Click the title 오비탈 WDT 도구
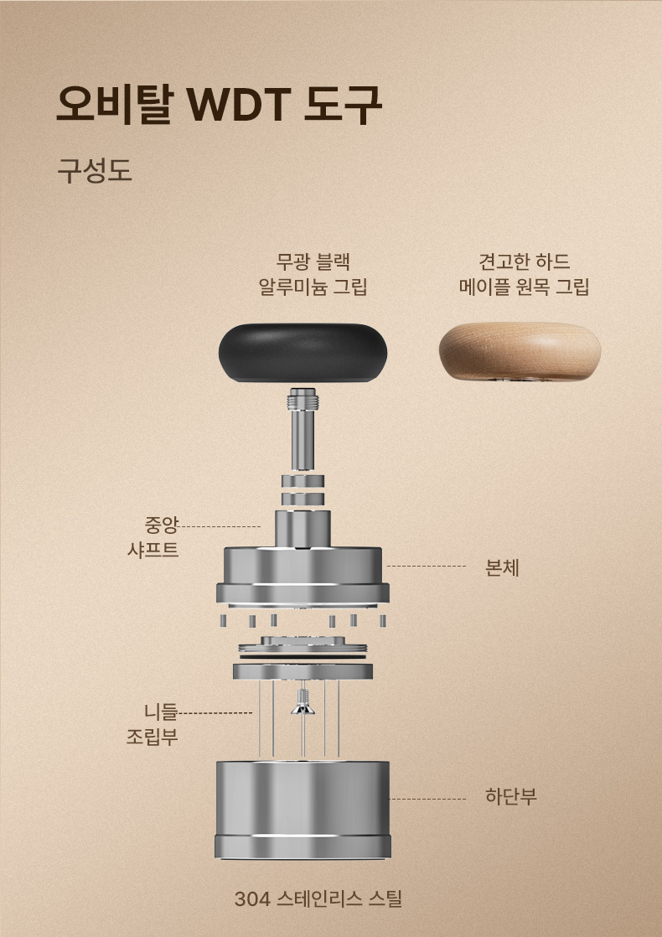tap(219, 105)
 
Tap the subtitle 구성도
tap(95, 170)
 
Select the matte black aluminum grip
tap(303, 353)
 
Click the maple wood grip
tap(520, 351)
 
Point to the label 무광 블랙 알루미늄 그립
tap(313, 274)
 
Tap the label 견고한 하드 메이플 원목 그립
tap(524, 274)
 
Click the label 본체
tap(502, 567)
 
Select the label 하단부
tap(511, 796)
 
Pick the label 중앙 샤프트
tap(153, 537)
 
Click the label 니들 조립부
tap(153, 723)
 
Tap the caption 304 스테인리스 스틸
tap(318, 898)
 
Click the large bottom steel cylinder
tap(303, 810)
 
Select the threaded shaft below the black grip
tap(303, 428)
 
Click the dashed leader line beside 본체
tap(426, 566)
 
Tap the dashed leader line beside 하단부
tap(428, 799)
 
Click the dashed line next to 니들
tap(215, 713)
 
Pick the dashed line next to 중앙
tap(220, 527)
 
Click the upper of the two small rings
tap(303, 481)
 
